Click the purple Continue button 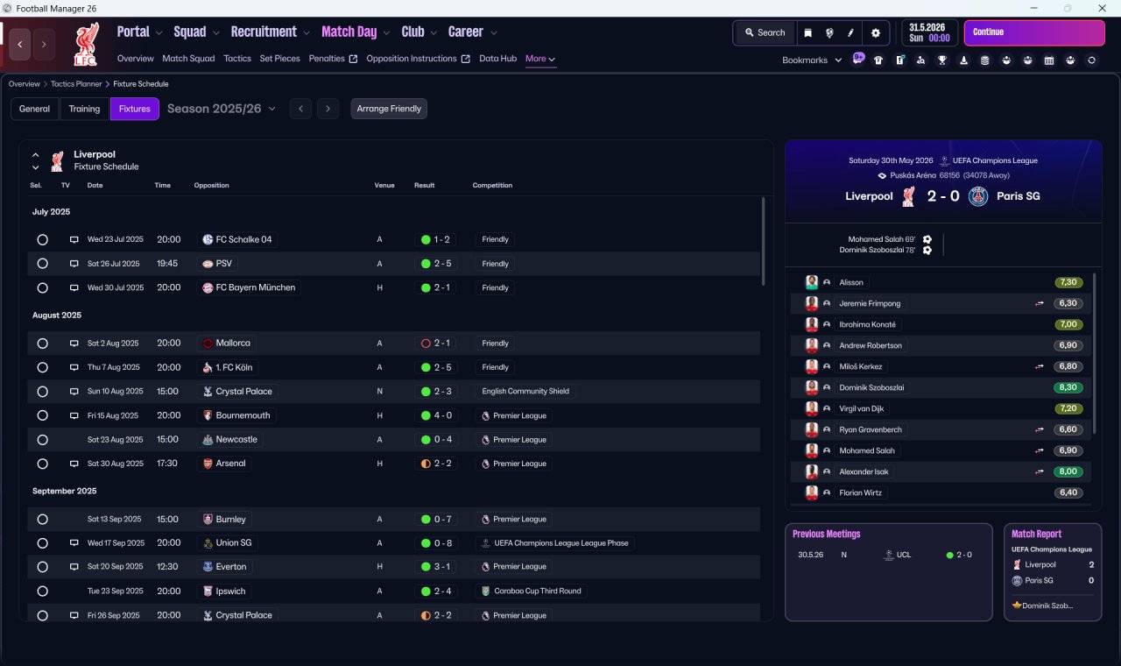point(1034,32)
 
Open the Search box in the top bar point(765,32)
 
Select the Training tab point(84,109)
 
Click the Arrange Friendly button point(388,109)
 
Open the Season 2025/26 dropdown point(222,109)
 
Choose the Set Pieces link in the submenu point(279,59)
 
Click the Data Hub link point(497,59)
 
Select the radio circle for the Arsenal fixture point(43,464)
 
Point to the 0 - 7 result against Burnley point(436,520)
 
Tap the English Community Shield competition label point(525,391)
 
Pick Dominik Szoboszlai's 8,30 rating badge point(1068,387)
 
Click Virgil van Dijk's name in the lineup point(861,408)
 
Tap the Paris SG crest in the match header point(978,196)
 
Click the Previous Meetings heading point(826,534)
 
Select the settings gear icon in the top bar point(875,33)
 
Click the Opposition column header point(211,185)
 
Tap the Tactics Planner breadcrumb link point(76,84)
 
